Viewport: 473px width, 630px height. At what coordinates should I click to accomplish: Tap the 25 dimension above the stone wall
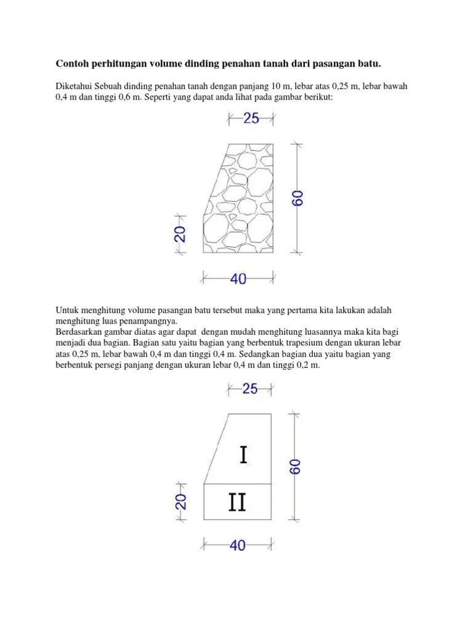click(251, 119)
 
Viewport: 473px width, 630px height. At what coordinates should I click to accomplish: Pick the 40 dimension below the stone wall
click(238, 279)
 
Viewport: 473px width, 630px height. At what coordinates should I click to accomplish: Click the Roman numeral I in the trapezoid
click(244, 455)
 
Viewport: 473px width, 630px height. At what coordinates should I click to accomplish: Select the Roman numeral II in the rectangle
click(237, 503)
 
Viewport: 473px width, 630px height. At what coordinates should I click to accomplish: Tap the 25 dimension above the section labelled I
click(251, 388)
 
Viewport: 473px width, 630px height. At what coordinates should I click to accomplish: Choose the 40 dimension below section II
click(237, 545)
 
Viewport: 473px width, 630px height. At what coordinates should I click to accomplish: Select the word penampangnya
click(148, 321)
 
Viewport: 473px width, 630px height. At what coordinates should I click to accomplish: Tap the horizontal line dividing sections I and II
click(238, 484)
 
